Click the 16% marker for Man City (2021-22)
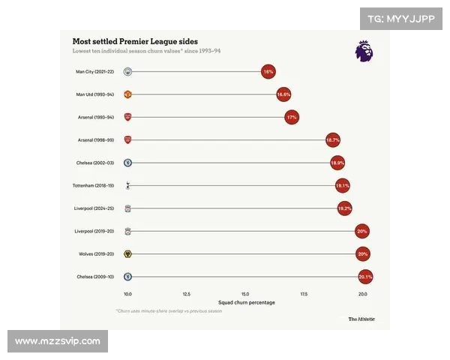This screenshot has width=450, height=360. (x=268, y=72)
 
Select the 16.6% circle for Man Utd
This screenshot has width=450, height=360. (x=283, y=95)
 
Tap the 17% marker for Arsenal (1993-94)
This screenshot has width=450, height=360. (x=292, y=118)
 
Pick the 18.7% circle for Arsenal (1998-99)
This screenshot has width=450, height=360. (x=333, y=140)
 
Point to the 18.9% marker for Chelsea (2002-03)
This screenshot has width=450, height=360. (x=337, y=163)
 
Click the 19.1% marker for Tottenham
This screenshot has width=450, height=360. (x=343, y=185)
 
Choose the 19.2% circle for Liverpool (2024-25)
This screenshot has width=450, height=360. (x=344, y=208)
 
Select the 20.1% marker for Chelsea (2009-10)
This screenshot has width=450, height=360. (x=365, y=277)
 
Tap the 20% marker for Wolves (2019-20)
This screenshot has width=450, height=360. (x=363, y=254)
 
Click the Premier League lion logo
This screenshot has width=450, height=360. (x=364, y=50)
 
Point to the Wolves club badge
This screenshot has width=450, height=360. (x=128, y=254)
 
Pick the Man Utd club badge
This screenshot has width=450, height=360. (x=128, y=95)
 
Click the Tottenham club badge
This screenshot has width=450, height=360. (x=128, y=185)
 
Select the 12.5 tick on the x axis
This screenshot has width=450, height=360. (x=187, y=294)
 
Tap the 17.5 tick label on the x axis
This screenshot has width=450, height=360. (x=304, y=294)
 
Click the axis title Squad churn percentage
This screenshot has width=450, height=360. (x=245, y=302)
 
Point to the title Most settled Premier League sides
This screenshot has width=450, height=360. (x=135, y=41)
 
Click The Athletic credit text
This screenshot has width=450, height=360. (x=361, y=319)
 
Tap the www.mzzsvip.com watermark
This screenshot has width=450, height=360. (x=58, y=341)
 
